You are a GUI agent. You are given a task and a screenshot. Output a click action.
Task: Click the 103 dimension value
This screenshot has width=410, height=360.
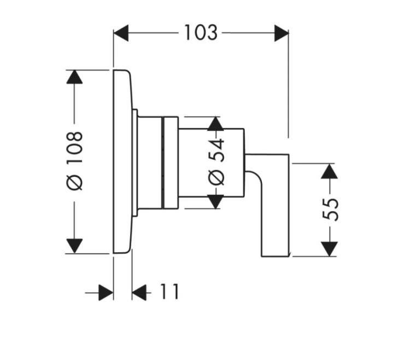pyautogui.click(x=200, y=33)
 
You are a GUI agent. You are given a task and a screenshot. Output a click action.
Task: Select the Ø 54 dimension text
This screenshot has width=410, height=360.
pyautogui.click(x=216, y=162)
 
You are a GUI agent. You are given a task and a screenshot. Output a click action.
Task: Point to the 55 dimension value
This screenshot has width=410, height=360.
pyautogui.click(x=330, y=209)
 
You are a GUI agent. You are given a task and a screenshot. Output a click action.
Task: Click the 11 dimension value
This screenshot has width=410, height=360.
pyautogui.click(x=170, y=292)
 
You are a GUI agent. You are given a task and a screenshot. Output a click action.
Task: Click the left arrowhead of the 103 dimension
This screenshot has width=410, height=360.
pyautogui.click(x=121, y=33)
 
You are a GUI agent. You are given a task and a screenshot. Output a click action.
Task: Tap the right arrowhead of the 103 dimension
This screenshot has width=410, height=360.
pyautogui.click(x=281, y=33)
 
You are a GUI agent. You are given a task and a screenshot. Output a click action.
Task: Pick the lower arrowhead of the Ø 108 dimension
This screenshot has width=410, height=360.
pyautogui.click(x=75, y=246)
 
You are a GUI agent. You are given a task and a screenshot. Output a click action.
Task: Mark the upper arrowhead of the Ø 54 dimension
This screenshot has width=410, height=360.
pyautogui.click(x=216, y=124)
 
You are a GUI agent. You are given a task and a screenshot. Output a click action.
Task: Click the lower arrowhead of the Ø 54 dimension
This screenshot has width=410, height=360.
pyautogui.click(x=216, y=201)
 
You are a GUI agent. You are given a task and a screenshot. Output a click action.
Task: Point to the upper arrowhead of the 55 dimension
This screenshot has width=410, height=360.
pyautogui.click(x=328, y=171)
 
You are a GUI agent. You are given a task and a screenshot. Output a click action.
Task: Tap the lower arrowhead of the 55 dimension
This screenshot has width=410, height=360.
pyautogui.click(x=328, y=248)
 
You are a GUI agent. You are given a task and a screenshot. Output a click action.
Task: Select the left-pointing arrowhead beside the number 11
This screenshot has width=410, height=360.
pyautogui.click(x=139, y=293)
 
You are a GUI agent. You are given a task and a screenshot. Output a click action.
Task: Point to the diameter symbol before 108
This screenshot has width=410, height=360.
pyautogui.click(x=75, y=182)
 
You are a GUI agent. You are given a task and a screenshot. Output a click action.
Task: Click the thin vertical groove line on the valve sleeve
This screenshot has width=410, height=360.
pyautogui.click(x=162, y=162)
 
